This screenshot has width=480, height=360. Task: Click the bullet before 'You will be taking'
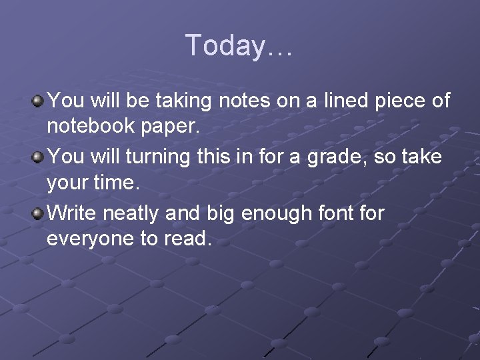coord(38,101)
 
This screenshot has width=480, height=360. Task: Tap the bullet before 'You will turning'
coord(38,158)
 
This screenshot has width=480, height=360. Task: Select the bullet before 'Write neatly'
coord(38,214)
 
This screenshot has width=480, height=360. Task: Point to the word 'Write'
coord(72,213)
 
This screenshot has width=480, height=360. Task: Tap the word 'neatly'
coord(131,214)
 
